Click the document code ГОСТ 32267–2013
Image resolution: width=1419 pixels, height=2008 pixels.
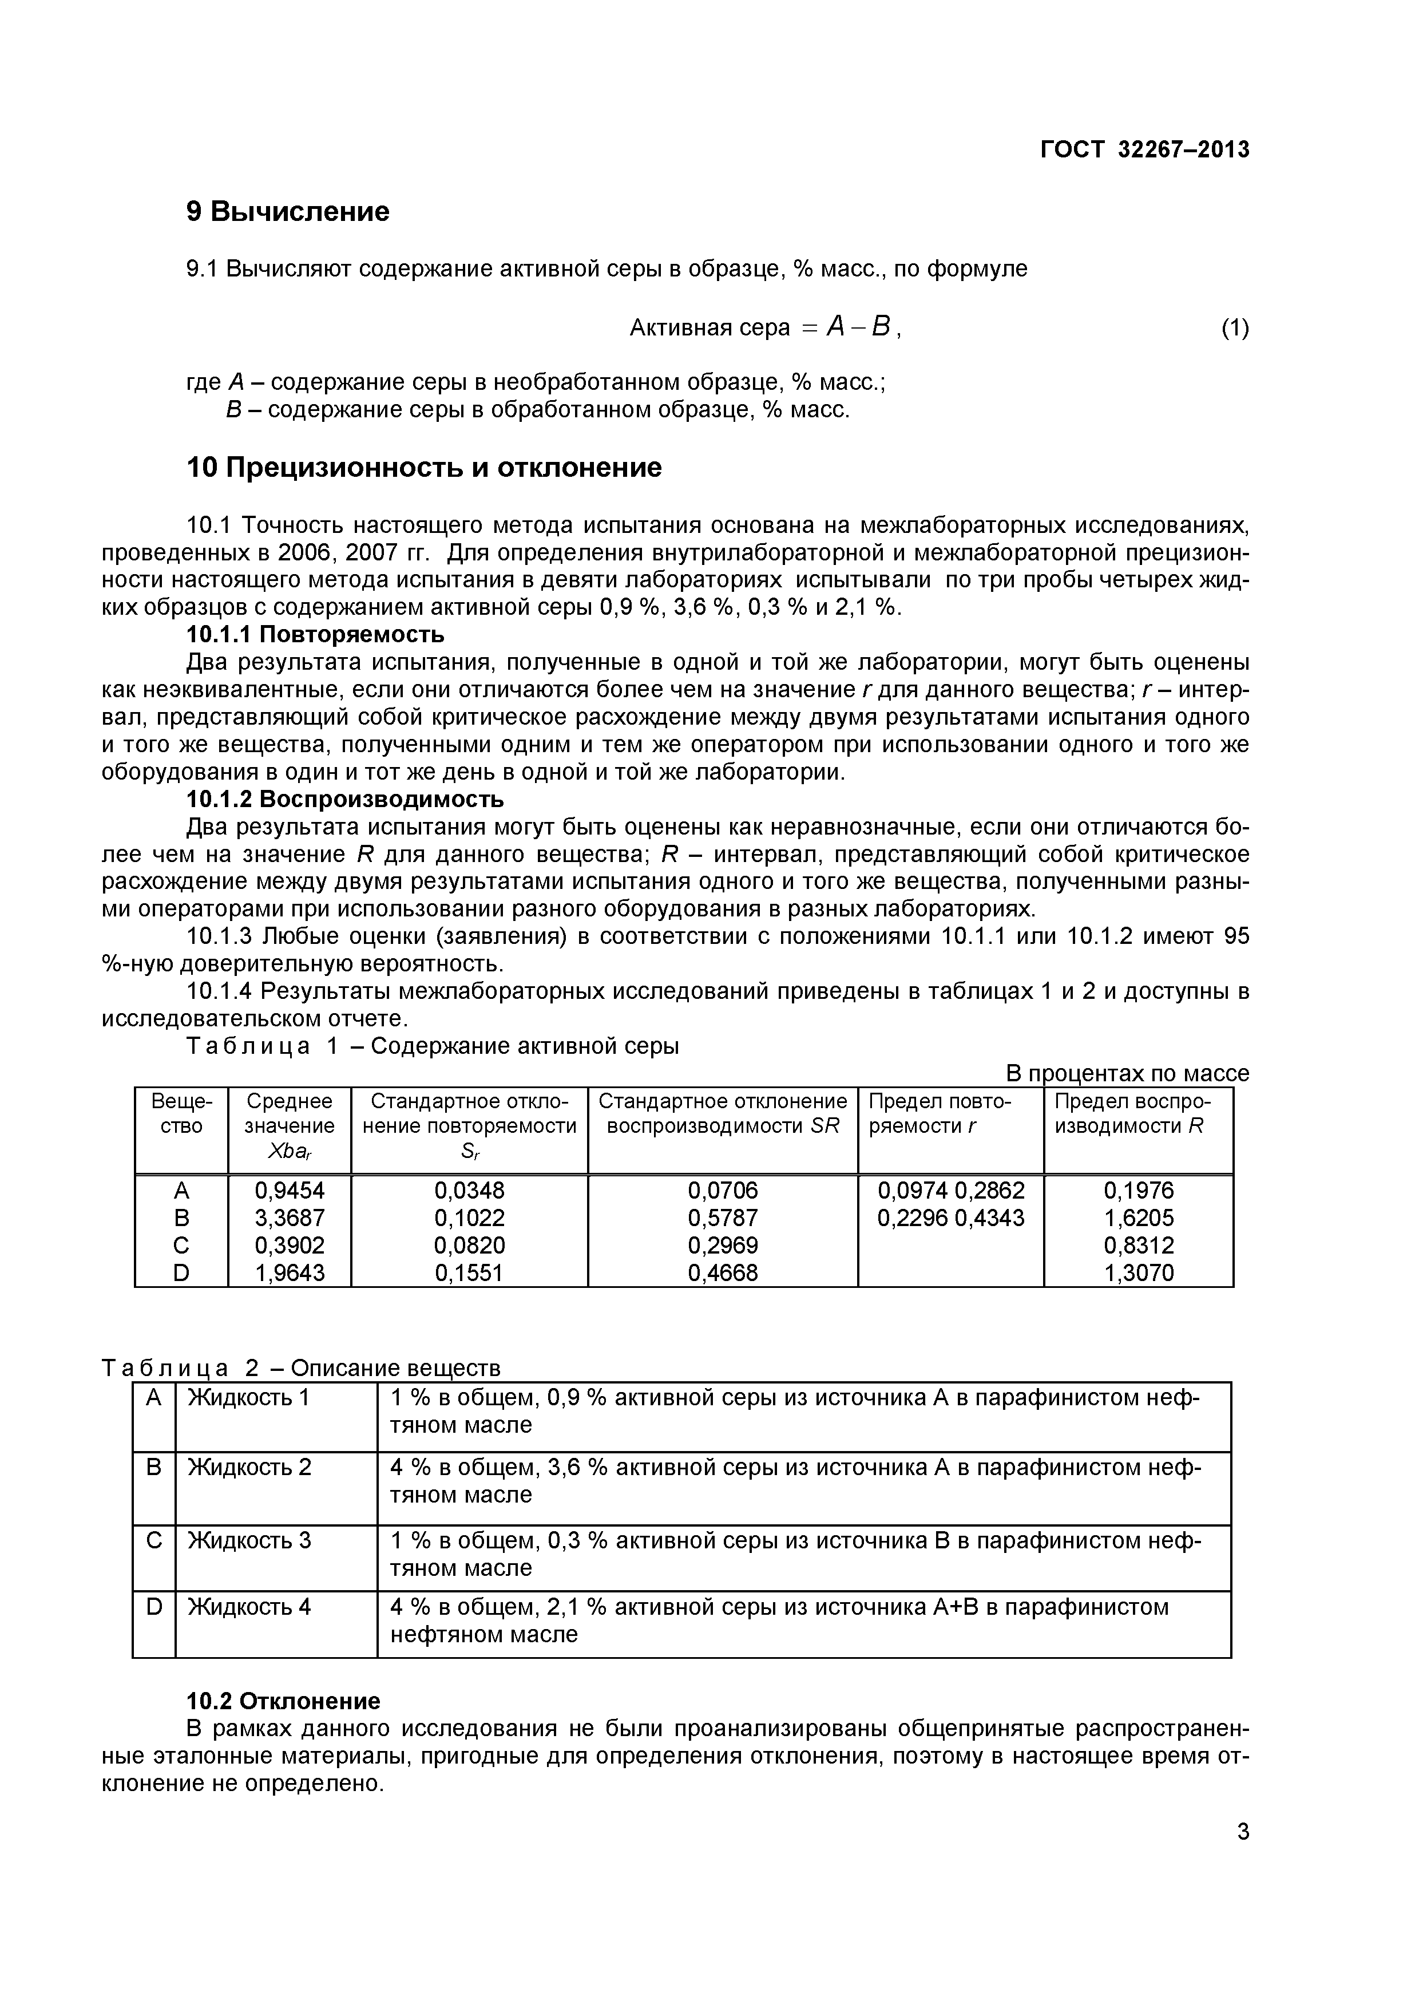pos(1144,149)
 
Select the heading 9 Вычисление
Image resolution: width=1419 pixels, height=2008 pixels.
pos(288,212)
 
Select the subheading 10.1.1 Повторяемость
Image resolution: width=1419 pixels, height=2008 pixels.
pos(316,634)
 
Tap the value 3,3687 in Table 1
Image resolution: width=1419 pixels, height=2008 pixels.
pos(290,1218)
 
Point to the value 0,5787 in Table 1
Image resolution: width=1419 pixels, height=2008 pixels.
pos(723,1218)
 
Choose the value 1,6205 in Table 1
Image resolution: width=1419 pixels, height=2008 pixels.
pos(1139,1218)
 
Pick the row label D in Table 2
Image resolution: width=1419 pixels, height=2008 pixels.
pos(154,1607)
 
